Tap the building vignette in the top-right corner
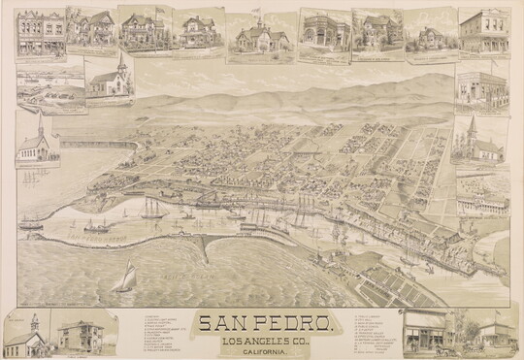(484, 32)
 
